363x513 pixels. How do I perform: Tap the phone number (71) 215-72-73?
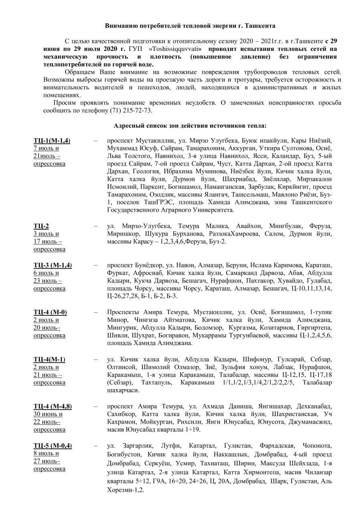click(131, 110)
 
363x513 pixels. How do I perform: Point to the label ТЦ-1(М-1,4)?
click(52, 141)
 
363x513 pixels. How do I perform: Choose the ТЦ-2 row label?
click(41, 226)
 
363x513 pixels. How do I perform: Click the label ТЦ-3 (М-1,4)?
click(53, 265)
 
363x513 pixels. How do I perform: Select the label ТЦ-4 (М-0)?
click(50, 312)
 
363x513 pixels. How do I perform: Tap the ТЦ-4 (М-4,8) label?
click(53, 406)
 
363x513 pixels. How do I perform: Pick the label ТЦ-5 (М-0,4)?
click(53, 445)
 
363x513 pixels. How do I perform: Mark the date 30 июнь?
click(48, 414)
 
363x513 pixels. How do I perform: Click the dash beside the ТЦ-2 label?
click(95, 226)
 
